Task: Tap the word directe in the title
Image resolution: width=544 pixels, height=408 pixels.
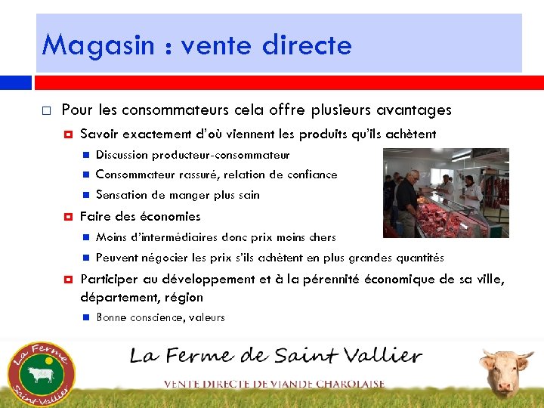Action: click(308, 45)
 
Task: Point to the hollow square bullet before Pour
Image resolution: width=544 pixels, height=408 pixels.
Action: click(46, 111)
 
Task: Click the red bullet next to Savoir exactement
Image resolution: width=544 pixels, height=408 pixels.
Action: click(67, 134)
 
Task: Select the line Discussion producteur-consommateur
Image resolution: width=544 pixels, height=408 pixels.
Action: click(193, 155)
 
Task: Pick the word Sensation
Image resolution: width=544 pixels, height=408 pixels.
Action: click(121, 195)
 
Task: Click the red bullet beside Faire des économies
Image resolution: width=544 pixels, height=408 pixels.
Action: click(67, 216)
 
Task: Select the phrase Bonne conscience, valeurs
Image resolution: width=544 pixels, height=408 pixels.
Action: click(160, 317)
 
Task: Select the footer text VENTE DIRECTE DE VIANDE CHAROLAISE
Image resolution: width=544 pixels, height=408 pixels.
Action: click(274, 385)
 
